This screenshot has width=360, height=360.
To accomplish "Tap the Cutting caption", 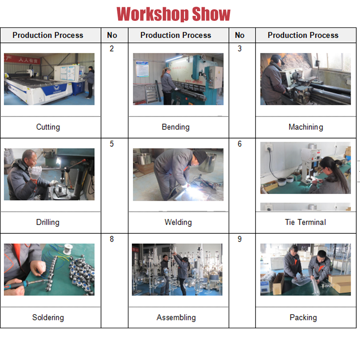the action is click(48, 127).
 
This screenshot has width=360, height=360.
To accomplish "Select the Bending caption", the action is click(176, 127).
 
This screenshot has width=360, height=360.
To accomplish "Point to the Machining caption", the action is click(306, 127).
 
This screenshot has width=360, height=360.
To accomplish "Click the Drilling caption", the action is click(48, 222).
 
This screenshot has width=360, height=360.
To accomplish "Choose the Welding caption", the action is click(178, 222).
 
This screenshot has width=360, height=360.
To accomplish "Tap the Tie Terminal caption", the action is click(305, 222).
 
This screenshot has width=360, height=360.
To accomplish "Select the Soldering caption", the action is click(48, 318).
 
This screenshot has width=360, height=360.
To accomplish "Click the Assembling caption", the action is click(176, 318).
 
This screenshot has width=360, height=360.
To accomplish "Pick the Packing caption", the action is click(303, 318).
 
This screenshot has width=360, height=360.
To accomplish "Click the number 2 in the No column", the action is click(112, 49).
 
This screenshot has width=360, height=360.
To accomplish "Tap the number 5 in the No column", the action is click(112, 144).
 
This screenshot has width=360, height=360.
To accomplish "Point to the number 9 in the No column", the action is click(239, 239).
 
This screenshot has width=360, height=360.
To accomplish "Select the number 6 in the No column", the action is click(239, 144).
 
